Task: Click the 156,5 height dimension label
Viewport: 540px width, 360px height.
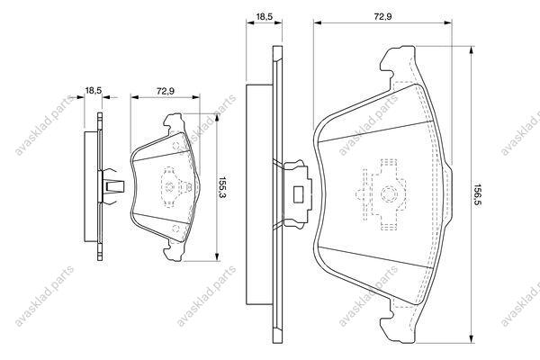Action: click(x=478, y=194)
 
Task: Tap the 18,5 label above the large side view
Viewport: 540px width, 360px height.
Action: click(x=265, y=16)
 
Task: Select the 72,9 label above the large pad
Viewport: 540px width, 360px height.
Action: click(x=383, y=16)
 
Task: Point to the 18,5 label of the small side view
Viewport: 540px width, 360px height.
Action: click(x=94, y=91)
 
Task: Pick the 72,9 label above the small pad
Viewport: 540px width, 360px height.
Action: click(x=166, y=91)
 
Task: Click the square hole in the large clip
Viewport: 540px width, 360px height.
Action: click(x=298, y=194)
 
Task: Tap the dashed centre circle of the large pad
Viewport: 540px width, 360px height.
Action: click(x=389, y=194)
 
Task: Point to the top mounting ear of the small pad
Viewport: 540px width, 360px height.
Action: click(x=174, y=123)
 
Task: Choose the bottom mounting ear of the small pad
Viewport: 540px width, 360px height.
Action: click(x=174, y=250)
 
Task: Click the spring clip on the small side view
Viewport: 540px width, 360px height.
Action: click(x=111, y=186)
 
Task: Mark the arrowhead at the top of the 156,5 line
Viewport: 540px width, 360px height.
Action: click(x=472, y=49)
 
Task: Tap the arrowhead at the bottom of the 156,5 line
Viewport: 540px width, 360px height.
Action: click(x=472, y=339)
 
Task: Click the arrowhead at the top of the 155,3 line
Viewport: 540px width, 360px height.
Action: click(x=217, y=117)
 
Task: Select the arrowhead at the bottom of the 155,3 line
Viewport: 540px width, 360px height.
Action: click(x=217, y=257)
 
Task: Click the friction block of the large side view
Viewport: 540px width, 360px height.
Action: click(x=259, y=194)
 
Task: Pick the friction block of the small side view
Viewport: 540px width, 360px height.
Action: click(x=91, y=186)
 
